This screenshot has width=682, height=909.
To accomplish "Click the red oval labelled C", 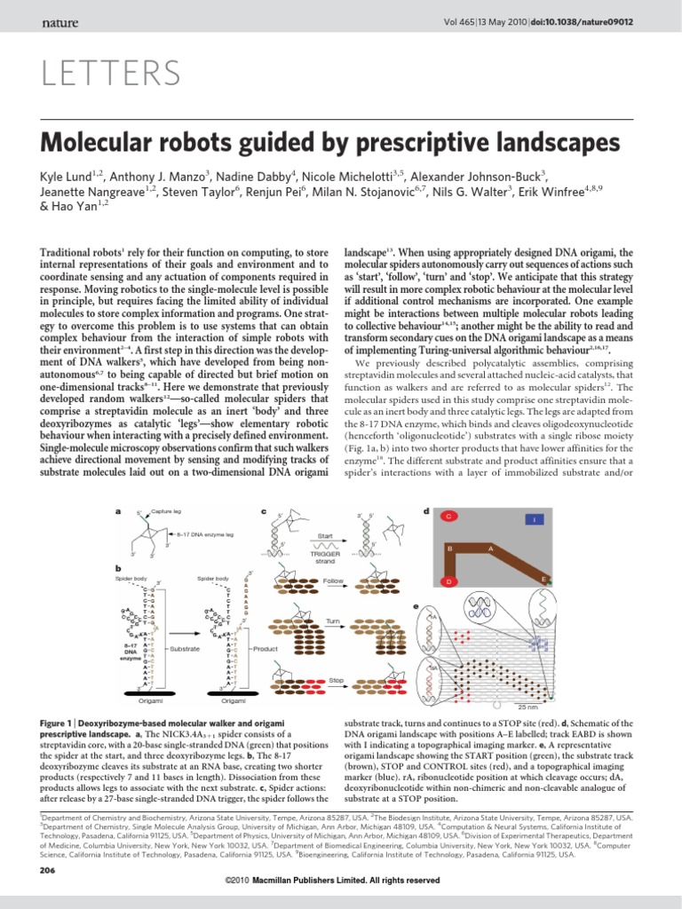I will point(450,515).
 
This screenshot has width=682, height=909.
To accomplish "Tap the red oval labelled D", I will point(449,581).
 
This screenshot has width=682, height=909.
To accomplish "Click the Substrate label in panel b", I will point(185,649).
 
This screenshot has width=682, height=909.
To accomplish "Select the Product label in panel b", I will point(266,649).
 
